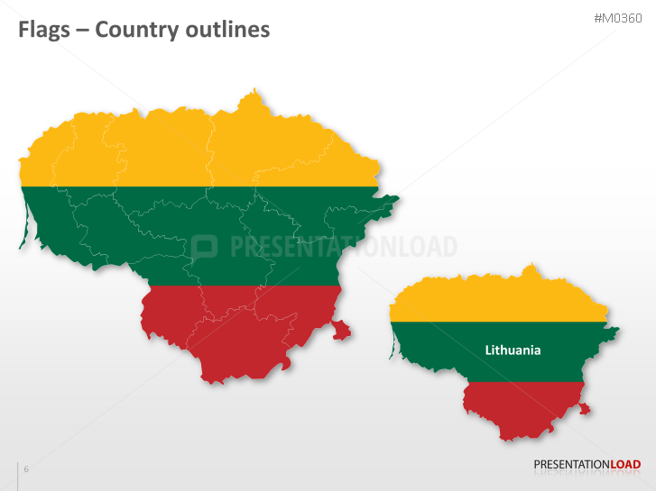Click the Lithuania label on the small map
point(513,350)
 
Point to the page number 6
point(26,469)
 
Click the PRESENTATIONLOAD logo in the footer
point(587,465)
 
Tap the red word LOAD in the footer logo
point(625,465)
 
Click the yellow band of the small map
point(505,302)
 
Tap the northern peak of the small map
point(533,267)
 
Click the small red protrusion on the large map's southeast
point(341,331)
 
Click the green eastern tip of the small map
point(615,332)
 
